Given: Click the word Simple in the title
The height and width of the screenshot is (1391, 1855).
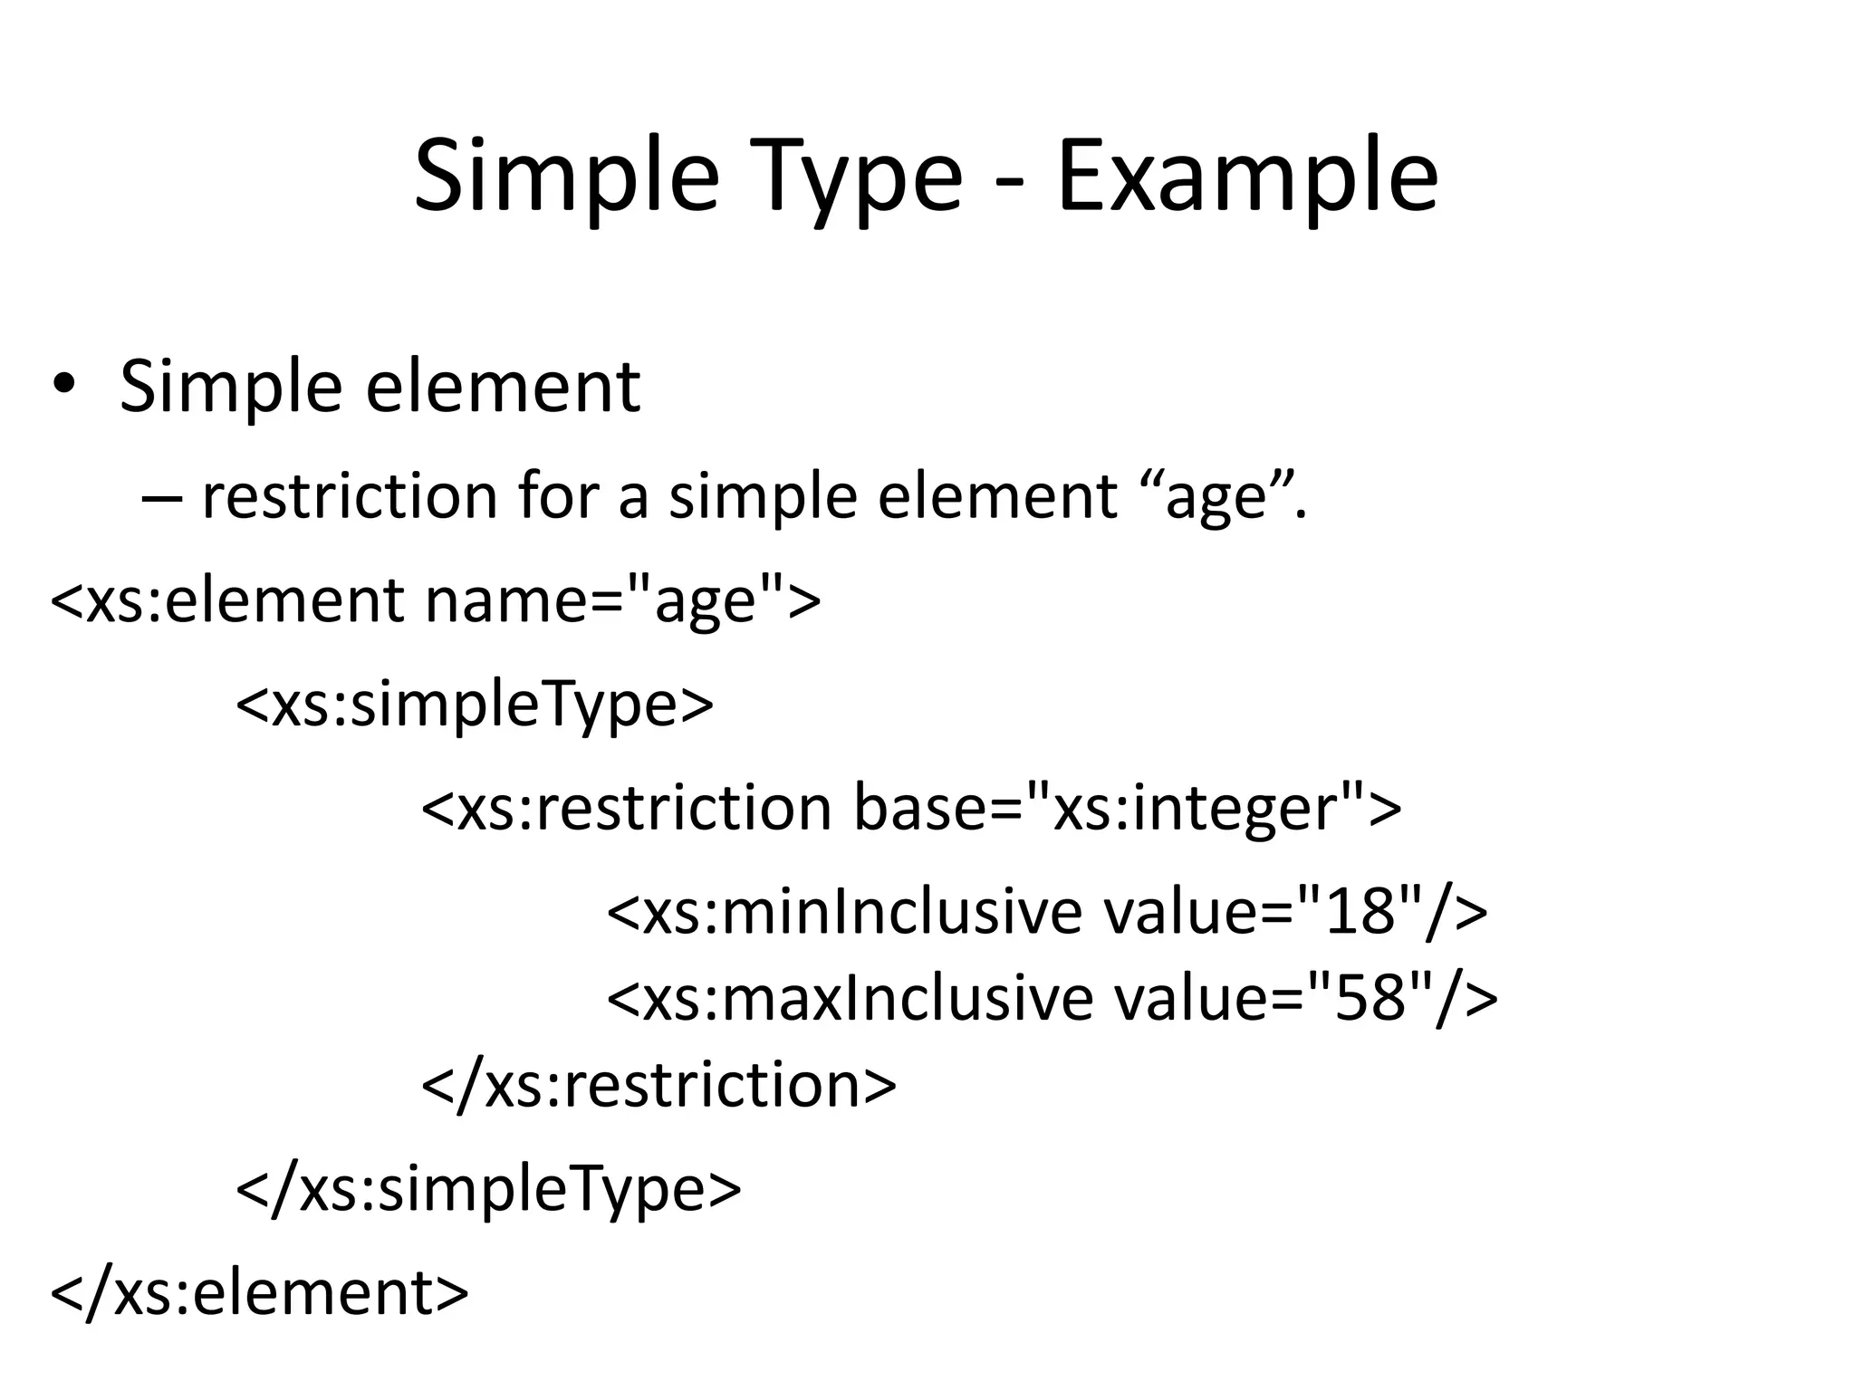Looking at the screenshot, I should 566,177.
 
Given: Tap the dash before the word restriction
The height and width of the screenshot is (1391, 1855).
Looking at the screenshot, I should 161,497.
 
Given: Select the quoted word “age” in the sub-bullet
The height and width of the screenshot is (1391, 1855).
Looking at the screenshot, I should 1214,497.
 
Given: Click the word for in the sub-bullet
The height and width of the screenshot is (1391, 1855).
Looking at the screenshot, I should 558,497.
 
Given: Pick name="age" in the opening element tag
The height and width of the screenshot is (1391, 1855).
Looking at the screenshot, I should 622,600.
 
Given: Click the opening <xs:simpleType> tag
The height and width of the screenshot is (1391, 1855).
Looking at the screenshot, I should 475,704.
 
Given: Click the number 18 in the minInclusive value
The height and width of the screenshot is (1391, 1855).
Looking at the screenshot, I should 1358,911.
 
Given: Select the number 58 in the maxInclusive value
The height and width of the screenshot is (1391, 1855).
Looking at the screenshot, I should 1369,997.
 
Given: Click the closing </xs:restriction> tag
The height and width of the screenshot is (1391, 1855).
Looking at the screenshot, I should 659,1084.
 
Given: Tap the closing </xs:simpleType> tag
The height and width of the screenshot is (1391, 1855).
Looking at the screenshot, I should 488,1188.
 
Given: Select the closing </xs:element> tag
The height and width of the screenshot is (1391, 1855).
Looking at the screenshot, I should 260,1291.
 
